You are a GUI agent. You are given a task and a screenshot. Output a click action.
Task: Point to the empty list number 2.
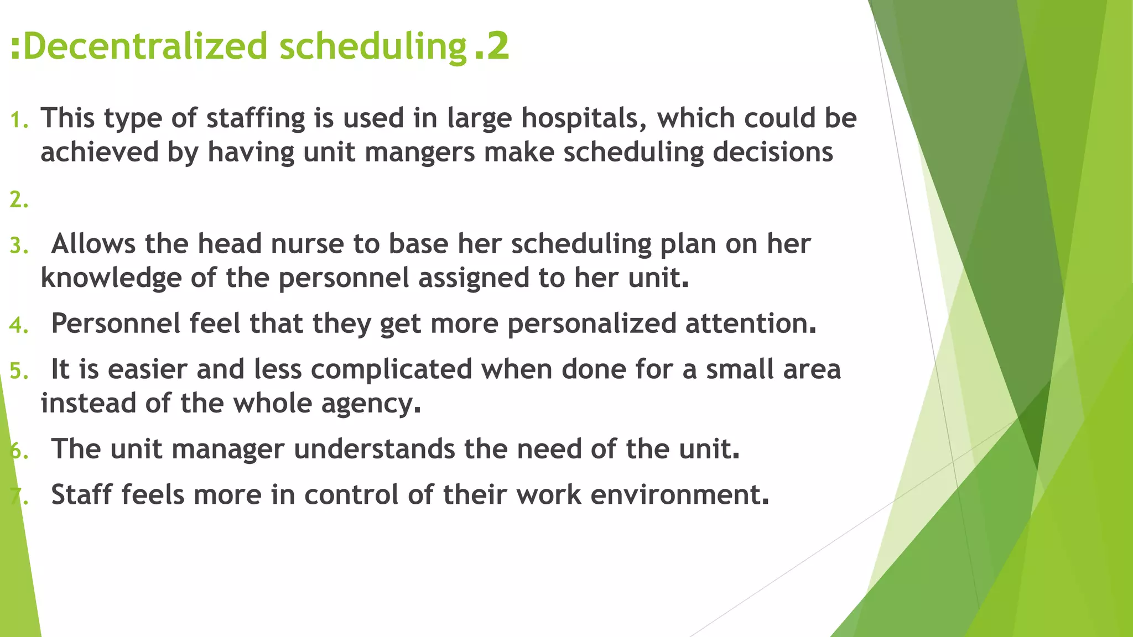click(x=18, y=200)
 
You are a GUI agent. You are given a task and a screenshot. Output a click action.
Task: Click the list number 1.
click(x=18, y=119)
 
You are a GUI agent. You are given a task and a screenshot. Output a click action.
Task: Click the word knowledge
click(x=111, y=278)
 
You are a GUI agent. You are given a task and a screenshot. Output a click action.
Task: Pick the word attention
click(x=750, y=323)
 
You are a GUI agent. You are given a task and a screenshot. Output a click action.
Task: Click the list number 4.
click(x=18, y=325)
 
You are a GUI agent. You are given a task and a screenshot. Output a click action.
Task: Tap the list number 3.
click(x=18, y=246)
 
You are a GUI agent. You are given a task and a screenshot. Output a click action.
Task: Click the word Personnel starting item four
click(x=116, y=323)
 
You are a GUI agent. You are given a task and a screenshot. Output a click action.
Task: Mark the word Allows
click(x=93, y=244)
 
